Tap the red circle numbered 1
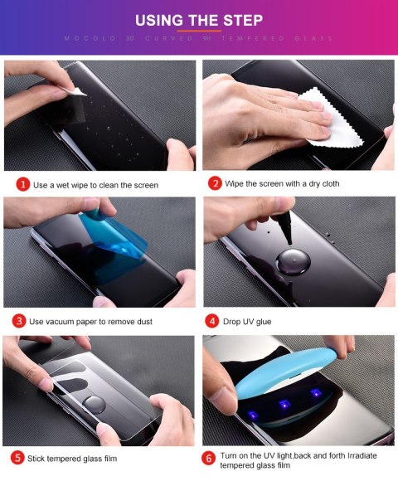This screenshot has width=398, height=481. coord(22,184)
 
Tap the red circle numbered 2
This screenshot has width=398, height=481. coord(215,182)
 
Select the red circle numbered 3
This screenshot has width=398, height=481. coord(19,320)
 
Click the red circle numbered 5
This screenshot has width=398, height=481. coord(18,457)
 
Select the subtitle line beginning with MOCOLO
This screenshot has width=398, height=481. coord(199,38)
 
